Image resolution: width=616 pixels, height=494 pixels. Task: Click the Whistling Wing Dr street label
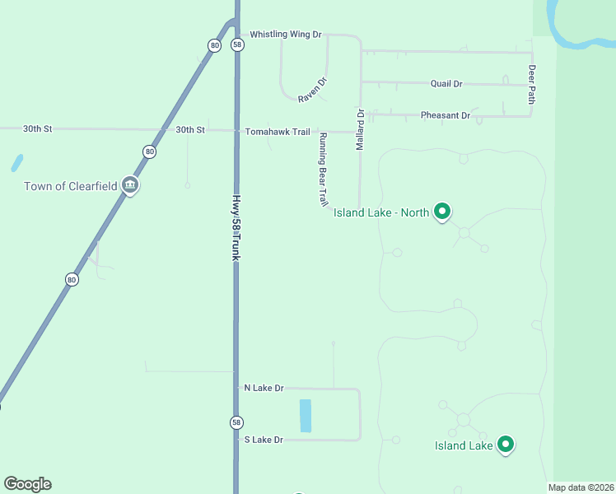(285, 35)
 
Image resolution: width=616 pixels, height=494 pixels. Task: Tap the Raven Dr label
(313, 90)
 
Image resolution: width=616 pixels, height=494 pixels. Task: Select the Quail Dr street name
(446, 84)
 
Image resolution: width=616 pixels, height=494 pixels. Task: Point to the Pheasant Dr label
(445, 115)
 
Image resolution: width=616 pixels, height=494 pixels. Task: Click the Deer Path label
(532, 85)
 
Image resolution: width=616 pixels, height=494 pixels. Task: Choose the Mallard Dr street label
(360, 129)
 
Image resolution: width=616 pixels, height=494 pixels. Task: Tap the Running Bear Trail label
(324, 169)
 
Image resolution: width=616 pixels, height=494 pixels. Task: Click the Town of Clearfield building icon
(129, 185)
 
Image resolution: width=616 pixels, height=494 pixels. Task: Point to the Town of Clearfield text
(71, 186)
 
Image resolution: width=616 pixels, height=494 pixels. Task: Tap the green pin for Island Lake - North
(441, 212)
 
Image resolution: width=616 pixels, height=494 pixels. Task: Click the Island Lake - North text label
(381, 212)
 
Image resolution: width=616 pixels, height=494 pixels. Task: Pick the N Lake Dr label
(264, 388)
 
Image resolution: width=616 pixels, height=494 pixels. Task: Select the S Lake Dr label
(264, 440)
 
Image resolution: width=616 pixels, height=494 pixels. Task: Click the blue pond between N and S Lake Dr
(306, 416)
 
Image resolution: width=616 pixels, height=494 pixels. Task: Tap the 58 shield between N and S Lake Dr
(236, 422)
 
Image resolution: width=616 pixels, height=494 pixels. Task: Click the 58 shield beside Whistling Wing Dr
(237, 45)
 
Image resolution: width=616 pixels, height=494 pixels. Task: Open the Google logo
(27, 484)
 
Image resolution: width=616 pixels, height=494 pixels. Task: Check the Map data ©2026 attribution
(580, 487)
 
